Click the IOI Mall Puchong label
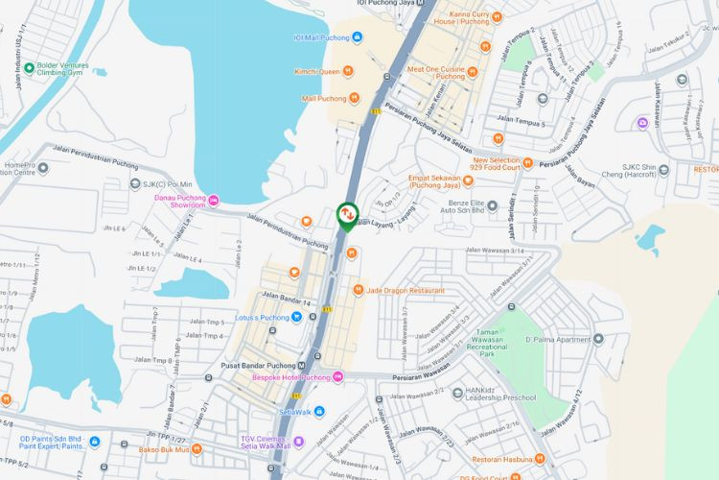pyautogui.click(x=321, y=38)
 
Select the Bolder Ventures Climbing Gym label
pyautogui.click(x=69, y=71)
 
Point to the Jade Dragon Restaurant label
pyautogui.click(x=405, y=290)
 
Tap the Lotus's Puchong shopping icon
pyautogui.click(x=298, y=317)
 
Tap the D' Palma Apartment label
pyautogui.click(x=556, y=339)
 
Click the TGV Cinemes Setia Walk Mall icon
pyautogui.click(x=298, y=443)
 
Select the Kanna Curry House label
pyautogui.click(x=461, y=17)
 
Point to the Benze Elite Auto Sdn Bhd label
pyautogui.click(x=472, y=207)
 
